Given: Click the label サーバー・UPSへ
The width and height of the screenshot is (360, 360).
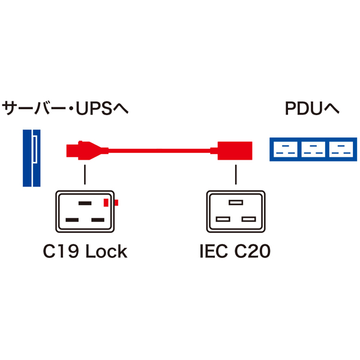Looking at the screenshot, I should coord(65,109).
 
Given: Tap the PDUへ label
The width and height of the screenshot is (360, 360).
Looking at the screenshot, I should coord(312,109).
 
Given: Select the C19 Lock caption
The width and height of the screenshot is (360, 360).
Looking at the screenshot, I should coord(85,251).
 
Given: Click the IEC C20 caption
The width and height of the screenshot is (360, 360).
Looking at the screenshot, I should coord(235,251).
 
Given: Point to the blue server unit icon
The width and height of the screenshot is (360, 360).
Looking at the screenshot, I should coord(31,157).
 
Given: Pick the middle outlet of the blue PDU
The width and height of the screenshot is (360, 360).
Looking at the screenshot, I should coord(312,149).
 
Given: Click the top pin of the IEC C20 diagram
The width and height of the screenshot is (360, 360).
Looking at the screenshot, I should coord(235,203).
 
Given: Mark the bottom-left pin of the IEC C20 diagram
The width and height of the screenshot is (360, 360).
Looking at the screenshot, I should coord(222,220).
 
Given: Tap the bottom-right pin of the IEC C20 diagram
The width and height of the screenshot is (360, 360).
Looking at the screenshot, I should coord(248,220).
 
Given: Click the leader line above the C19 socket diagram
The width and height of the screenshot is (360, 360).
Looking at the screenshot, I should coord(85,175).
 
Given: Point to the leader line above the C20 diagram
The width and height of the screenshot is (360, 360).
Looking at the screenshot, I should coord(235,175).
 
